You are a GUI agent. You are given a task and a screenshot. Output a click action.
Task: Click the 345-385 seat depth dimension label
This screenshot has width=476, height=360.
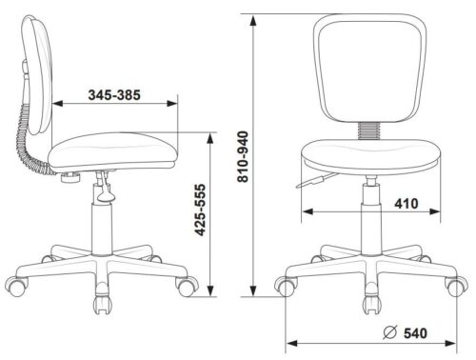click(114, 95)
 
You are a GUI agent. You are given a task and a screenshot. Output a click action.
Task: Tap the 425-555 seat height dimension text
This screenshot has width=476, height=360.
click(200, 210)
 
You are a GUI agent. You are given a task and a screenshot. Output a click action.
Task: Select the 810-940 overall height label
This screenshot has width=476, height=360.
click(244, 156)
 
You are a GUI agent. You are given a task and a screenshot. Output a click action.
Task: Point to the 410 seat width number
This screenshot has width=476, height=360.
click(407, 204)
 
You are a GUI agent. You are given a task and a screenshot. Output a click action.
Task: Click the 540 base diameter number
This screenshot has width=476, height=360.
click(415, 333)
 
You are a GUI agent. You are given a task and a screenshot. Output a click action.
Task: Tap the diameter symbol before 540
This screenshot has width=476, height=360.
click(390, 332)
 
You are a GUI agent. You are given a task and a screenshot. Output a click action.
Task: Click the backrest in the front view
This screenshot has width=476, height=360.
click(369, 68)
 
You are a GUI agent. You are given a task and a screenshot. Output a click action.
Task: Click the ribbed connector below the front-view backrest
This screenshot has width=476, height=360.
click(368, 130)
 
